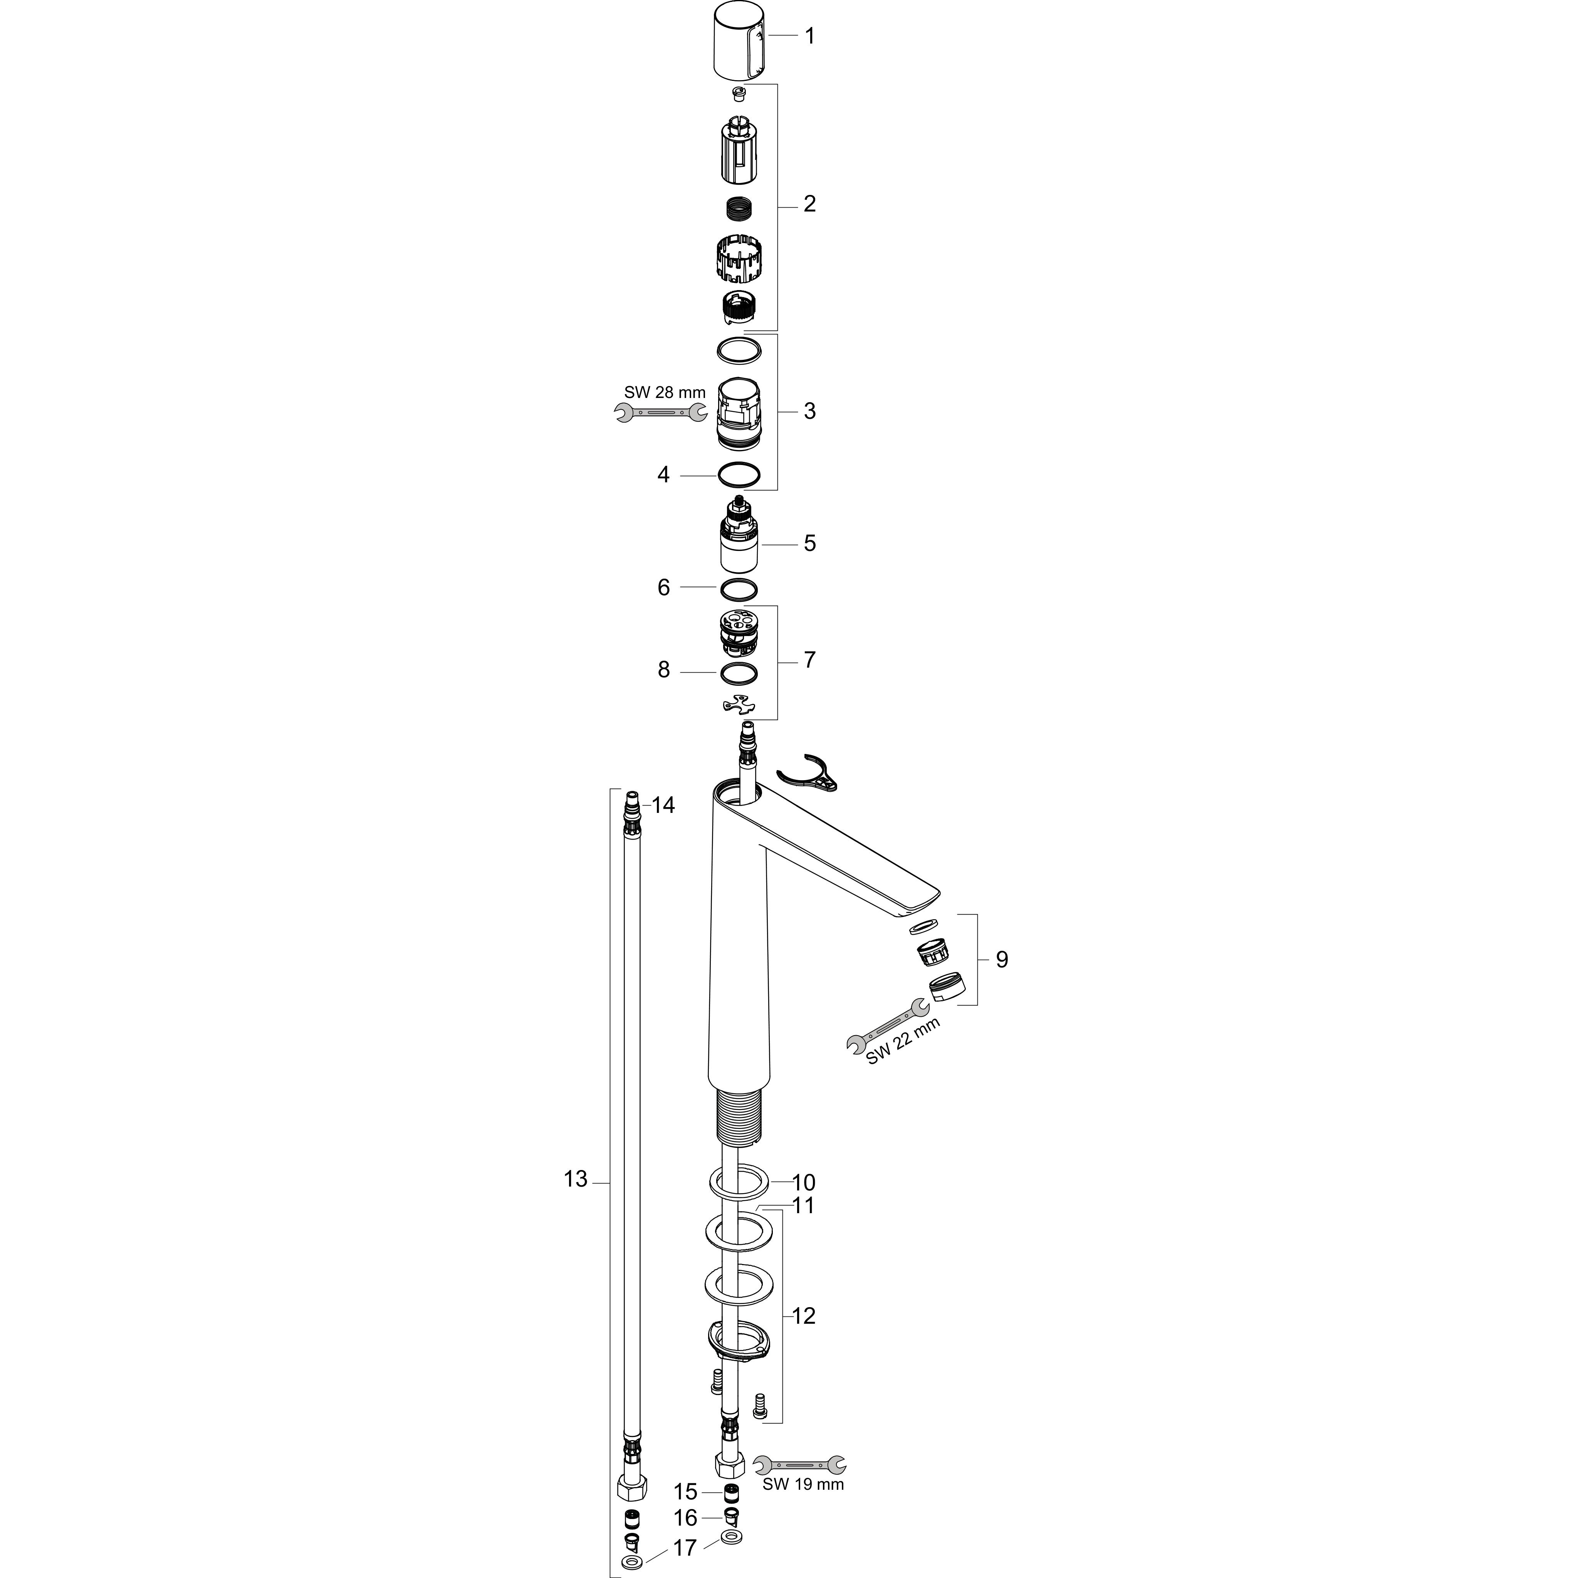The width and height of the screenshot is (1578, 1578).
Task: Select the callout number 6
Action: (x=663, y=587)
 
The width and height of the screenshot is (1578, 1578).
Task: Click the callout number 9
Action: (x=1001, y=959)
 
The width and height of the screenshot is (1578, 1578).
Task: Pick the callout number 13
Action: (x=576, y=1179)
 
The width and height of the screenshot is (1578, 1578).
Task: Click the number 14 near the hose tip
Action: (x=663, y=805)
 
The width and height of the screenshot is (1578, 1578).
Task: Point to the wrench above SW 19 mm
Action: (x=801, y=1464)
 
